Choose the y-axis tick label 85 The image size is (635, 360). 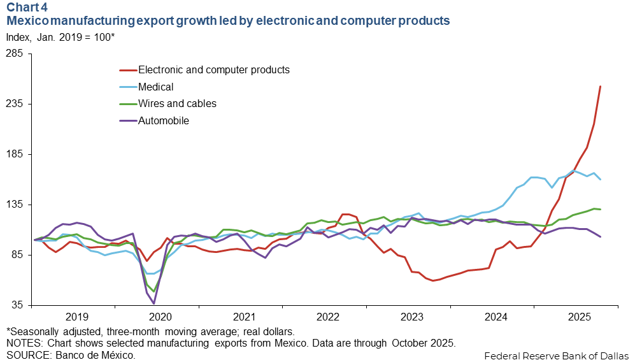click(17, 255)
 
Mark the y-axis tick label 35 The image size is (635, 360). click(17, 305)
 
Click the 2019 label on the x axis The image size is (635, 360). click(76, 317)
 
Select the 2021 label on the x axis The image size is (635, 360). click(244, 317)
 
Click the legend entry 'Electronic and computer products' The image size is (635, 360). click(214, 69)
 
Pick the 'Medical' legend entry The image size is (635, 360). click(156, 87)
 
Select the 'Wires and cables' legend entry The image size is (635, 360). click(177, 103)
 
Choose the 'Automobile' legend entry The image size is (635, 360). click(164, 120)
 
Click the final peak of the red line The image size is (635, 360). click(601, 87)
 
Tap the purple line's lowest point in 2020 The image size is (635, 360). click(153, 303)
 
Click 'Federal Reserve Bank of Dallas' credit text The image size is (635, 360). click(556, 354)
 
